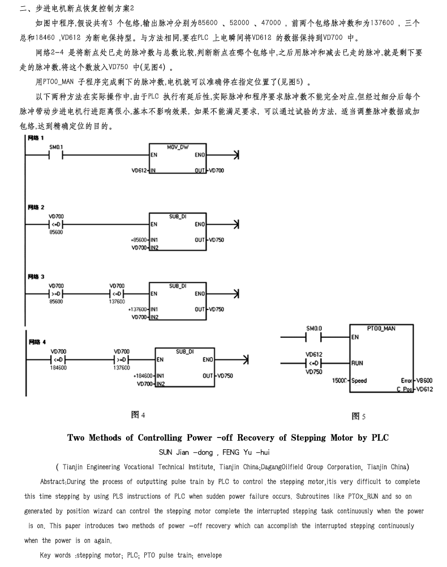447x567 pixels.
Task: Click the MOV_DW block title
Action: click(178, 147)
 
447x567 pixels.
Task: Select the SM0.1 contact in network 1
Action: click(55, 155)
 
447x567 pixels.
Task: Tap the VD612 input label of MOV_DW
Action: click(139, 170)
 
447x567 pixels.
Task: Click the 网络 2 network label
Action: click(36, 207)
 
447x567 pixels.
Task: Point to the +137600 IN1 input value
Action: click(137, 309)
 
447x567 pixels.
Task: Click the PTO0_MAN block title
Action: click(381, 328)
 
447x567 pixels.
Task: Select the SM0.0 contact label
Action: click(314, 328)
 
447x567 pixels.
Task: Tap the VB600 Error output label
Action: click(424, 380)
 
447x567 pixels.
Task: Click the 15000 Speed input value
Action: click(339, 380)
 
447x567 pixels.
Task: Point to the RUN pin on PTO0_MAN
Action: click(357, 363)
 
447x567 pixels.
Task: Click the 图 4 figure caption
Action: click(138, 415)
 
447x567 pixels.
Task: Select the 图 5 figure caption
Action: click(358, 416)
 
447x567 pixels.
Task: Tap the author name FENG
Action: click(231, 452)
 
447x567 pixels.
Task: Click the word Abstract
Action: click(53, 482)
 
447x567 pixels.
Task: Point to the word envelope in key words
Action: click(209, 555)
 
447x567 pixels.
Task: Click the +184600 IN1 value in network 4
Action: click(143, 376)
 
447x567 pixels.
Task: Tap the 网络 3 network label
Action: click(36, 277)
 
